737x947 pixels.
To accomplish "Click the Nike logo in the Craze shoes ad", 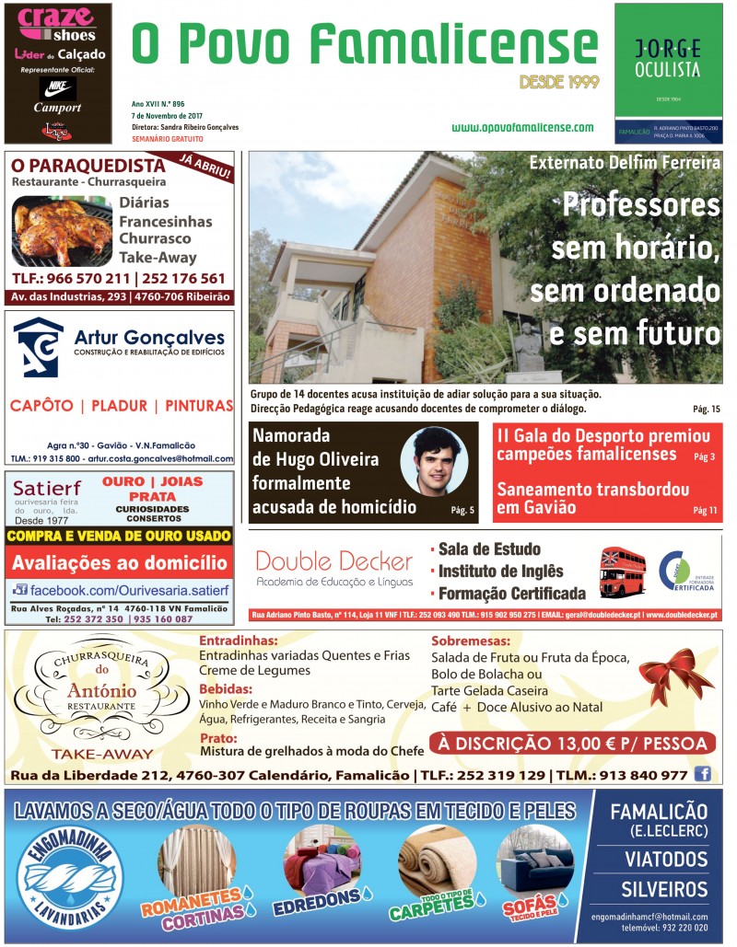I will [x=58, y=88].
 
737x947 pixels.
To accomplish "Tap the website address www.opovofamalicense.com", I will [x=522, y=128].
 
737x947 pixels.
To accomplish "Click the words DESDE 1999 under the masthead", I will [x=559, y=82].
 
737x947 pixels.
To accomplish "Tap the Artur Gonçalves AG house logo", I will [x=39, y=349].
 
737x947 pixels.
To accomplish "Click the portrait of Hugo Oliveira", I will [x=434, y=461].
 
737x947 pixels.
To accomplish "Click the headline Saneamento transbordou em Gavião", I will [x=591, y=498].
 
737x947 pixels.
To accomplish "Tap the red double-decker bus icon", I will [x=623, y=572].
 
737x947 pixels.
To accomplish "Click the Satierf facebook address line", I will [x=119, y=589].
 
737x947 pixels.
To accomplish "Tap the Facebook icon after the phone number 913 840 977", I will [x=703, y=775].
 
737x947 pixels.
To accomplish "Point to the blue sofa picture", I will [x=533, y=862].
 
